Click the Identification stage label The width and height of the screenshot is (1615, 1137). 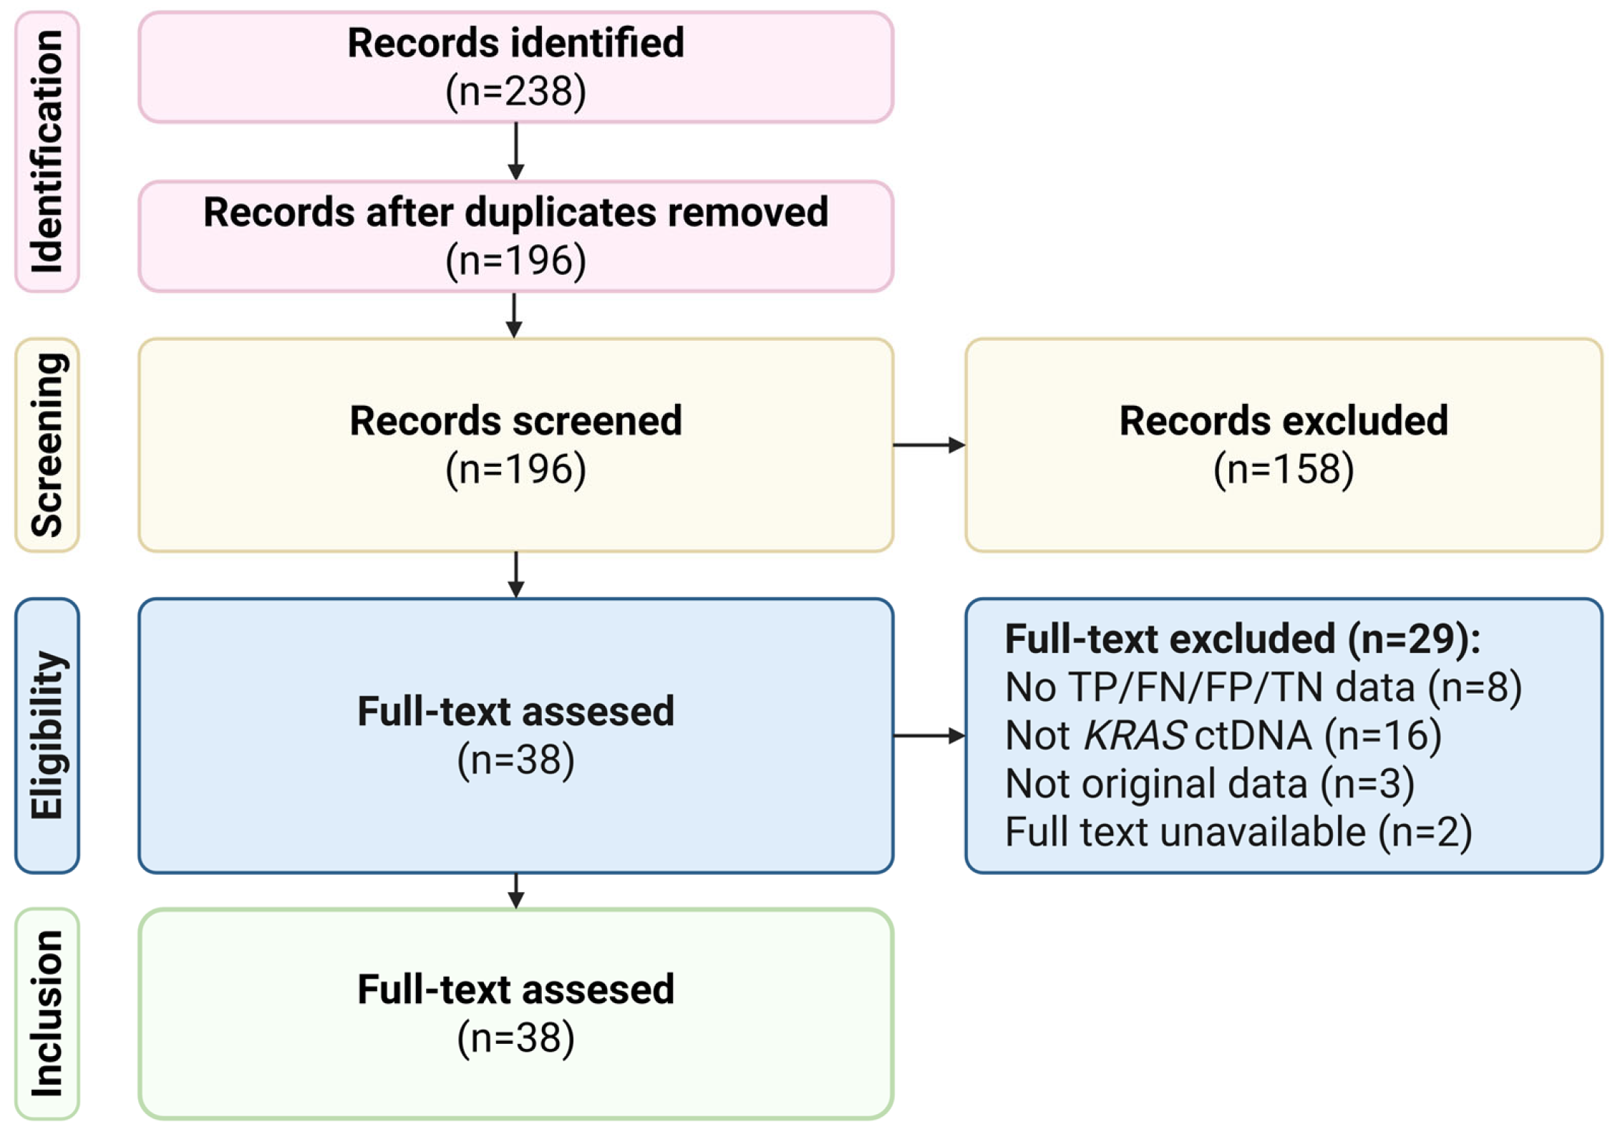(x=47, y=151)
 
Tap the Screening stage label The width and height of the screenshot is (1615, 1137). (x=47, y=445)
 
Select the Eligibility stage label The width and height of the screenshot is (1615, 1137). (x=47, y=735)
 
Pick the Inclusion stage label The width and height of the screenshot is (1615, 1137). (x=47, y=1013)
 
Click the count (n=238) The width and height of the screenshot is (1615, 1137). (x=515, y=92)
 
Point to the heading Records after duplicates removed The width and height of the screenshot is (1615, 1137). (x=515, y=213)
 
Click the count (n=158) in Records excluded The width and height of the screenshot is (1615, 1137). (x=1283, y=470)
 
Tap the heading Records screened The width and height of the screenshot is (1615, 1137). (x=515, y=421)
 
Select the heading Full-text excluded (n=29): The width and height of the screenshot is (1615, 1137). (x=1242, y=639)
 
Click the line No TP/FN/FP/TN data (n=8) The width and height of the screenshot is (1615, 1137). (x=1263, y=687)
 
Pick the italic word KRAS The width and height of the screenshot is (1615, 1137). (x=1135, y=735)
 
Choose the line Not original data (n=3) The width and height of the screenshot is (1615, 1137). (x=1209, y=784)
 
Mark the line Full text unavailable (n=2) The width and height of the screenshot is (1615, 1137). (x=1238, y=832)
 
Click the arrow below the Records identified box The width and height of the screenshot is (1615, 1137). (x=515, y=151)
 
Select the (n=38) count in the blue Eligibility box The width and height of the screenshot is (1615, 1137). (x=515, y=760)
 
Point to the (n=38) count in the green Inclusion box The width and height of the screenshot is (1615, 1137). (x=515, y=1038)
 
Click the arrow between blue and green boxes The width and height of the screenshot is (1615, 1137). (x=515, y=891)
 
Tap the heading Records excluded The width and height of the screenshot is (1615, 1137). (x=1283, y=421)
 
